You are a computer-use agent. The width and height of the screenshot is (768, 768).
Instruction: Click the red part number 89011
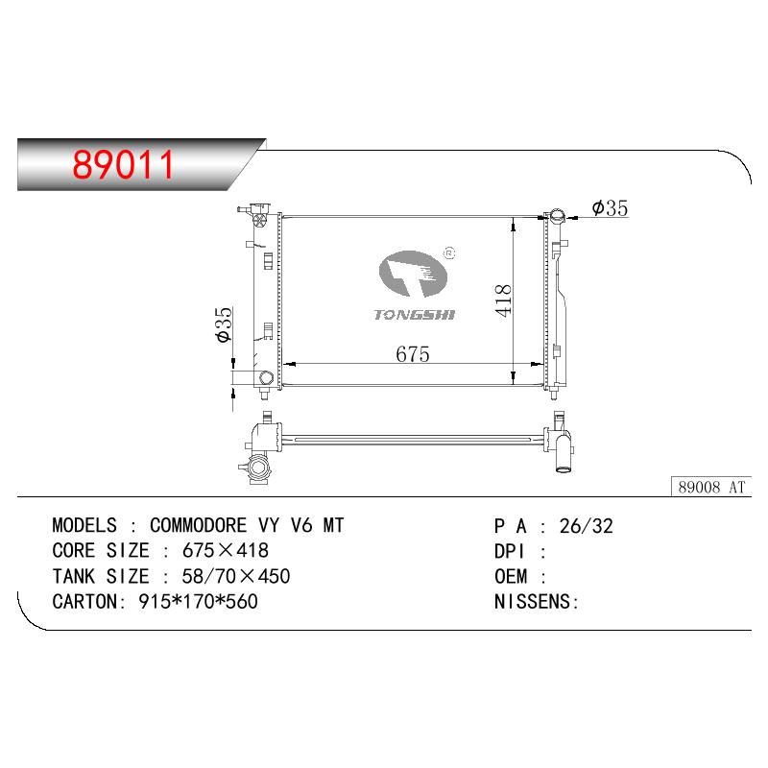pyautogui.click(x=123, y=164)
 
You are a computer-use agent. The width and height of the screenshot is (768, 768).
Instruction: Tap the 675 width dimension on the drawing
pyautogui.click(x=413, y=354)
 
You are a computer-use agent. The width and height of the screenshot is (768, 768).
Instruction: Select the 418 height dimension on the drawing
pyautogui.click(x=503, y=300)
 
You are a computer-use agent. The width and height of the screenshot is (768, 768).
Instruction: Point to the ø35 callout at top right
pyautogui.click(x=610, y=207)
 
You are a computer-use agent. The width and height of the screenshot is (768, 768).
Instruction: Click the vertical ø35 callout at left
pyautogui.click(x=224, y=324)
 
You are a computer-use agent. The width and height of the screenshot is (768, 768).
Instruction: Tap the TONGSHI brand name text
pyautogui.click(x=415, y=315)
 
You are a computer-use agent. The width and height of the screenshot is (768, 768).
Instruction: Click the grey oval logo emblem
pyautogui.click(x=413, y=274)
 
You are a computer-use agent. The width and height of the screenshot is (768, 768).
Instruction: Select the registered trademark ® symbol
pyautogui.click(x=449, y=253)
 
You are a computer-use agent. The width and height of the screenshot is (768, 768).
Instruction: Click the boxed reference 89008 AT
pyautogui.click(x=711, y=487)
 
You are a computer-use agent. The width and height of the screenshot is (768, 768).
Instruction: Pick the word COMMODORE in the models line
pyautogui.click(x=198, y=525)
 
